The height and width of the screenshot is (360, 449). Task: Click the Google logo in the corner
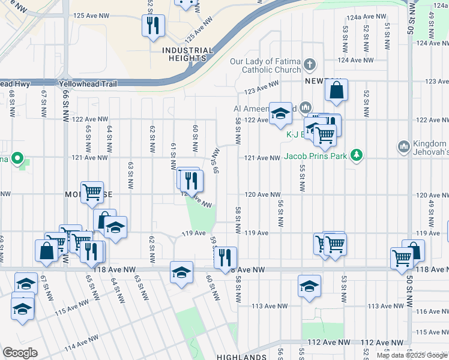(x=20, y=352)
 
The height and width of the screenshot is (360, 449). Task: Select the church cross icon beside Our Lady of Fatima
(x=309, y=64)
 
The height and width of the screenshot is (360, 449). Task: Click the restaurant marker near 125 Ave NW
(x=152, y=25)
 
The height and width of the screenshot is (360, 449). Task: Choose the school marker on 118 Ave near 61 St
(x=181, y=272)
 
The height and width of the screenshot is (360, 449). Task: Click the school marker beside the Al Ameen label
(x=279, y=113)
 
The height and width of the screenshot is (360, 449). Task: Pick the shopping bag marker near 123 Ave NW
(x=337, y=91)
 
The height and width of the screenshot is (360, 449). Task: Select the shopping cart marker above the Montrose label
(x=92, y=192)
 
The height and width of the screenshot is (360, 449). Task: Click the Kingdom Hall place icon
(x=403, y=146)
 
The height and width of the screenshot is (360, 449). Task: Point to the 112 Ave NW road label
(x=328, y=342)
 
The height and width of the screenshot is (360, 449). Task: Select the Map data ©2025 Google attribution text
(x=412, y=355)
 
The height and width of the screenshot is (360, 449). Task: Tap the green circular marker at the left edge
(x=18, y=159)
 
